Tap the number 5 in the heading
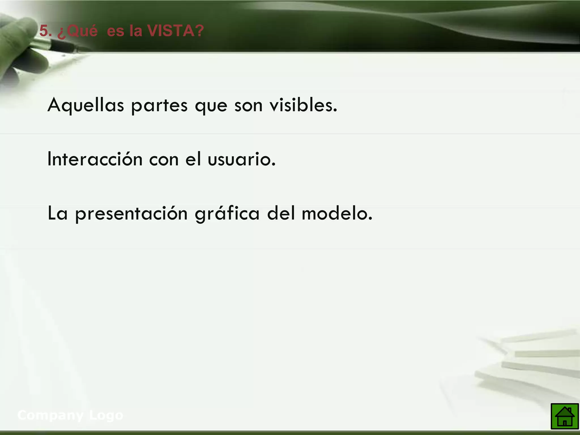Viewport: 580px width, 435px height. coord(44,31)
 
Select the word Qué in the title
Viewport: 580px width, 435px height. coord(79,31)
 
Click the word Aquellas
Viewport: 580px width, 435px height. coord(86,105)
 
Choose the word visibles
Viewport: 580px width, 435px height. coord(303,105)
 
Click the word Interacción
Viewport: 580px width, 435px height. coord(95,159)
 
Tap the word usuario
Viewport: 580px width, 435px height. coord(241,159)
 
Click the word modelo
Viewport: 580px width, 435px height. coord(337,213)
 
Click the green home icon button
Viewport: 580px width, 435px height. coord(564,416)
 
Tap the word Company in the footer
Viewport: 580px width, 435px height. coord(51,415)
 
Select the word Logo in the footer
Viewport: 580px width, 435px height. coord(106,415)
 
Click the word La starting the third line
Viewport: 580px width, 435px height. coord(57,213)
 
